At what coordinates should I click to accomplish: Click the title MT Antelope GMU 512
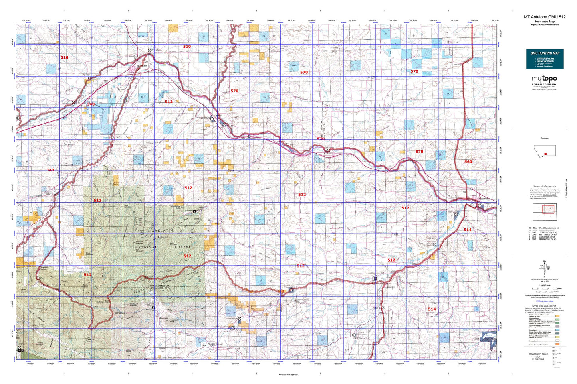point(545,17)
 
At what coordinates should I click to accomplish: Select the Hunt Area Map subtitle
point(545,22)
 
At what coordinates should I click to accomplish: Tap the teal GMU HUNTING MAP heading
point(545,53)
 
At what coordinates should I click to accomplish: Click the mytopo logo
point(544,80)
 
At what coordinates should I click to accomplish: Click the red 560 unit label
point(468,162)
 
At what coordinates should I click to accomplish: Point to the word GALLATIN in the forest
point(162,231)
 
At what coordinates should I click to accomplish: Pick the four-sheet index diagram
point(544,212)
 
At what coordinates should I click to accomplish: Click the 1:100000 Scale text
point(544,285)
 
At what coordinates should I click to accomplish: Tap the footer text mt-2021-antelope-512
point(288,375)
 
